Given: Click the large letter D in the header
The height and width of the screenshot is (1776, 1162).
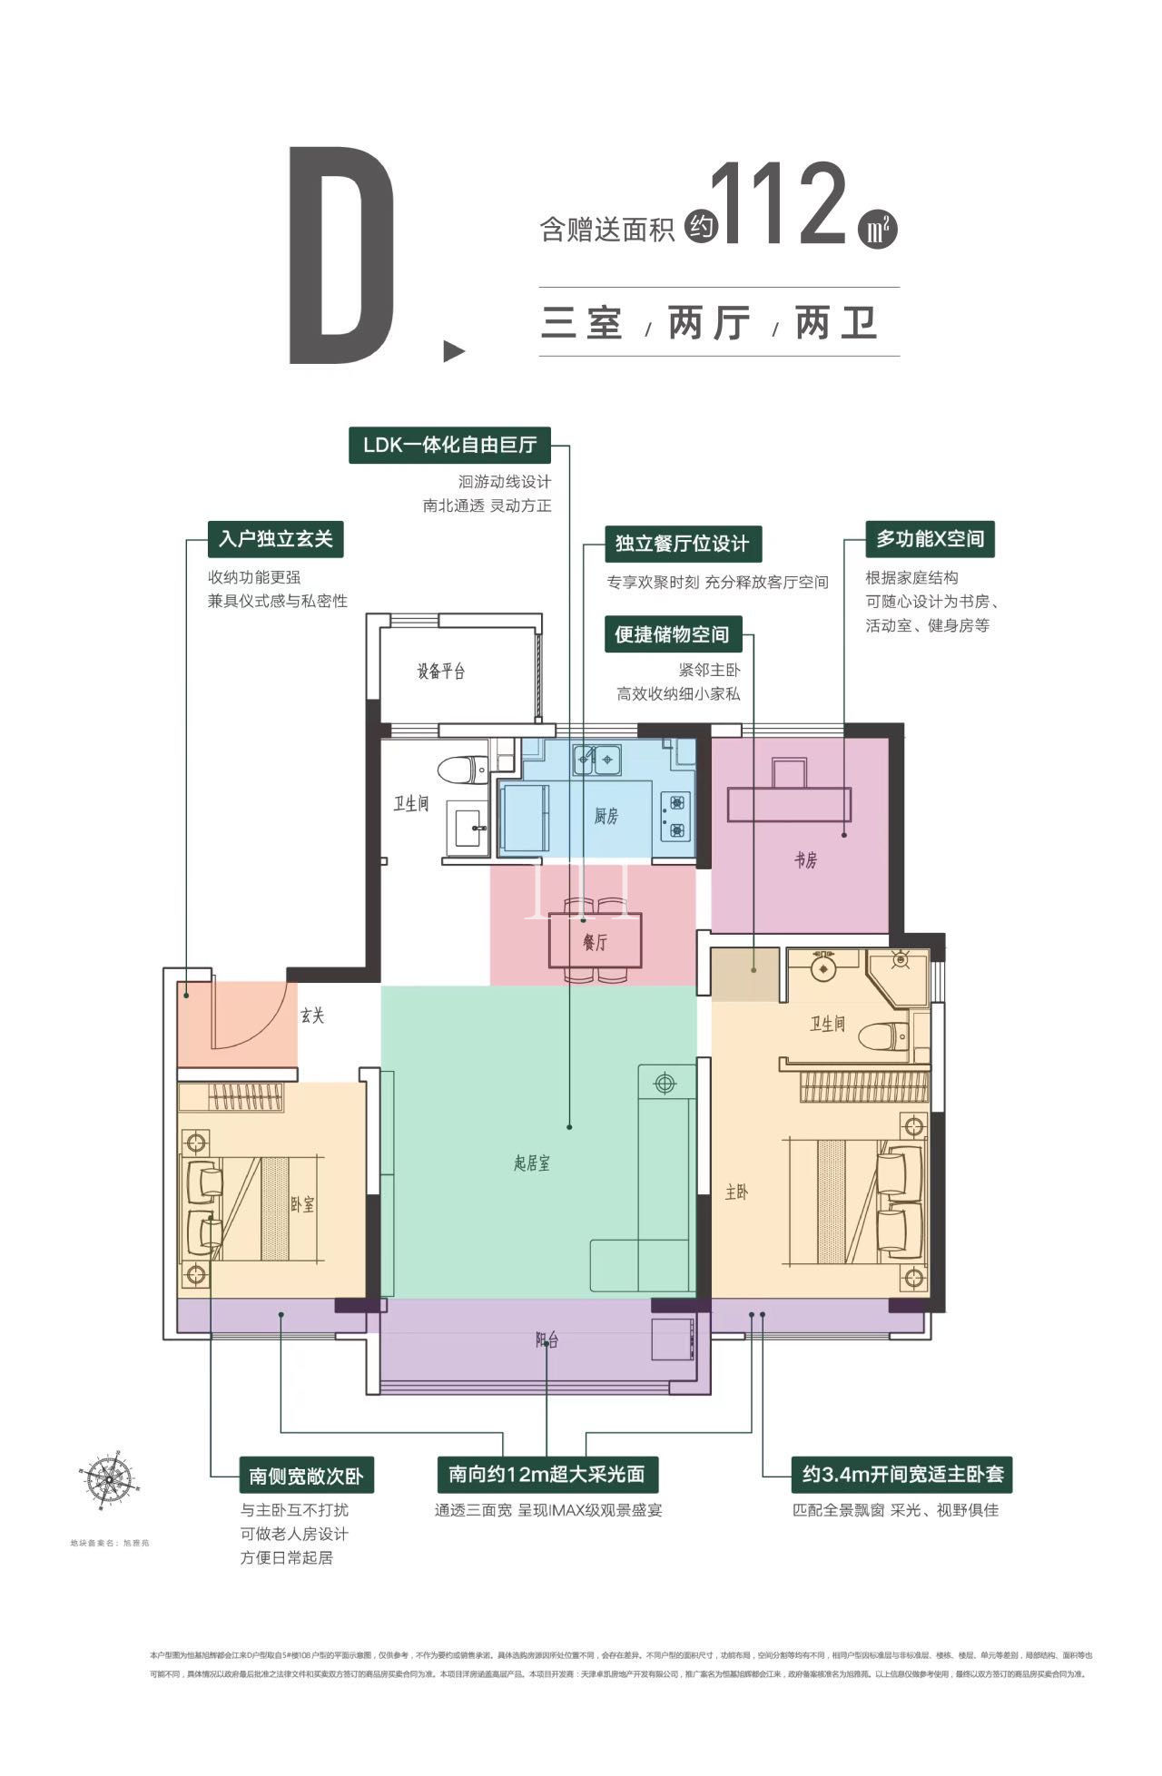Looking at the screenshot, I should [342, 257].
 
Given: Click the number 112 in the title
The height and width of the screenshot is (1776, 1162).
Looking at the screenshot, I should [779, 207].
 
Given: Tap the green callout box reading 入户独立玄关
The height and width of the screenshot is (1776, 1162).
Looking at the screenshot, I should [276, 539].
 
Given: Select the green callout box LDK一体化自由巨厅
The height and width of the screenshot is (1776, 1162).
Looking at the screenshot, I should [449, 446].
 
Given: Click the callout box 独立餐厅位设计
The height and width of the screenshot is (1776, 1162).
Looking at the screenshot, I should [683, 544].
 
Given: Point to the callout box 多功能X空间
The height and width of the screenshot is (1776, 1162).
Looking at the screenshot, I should [930, 539].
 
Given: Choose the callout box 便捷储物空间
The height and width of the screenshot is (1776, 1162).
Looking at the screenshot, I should [672, 634].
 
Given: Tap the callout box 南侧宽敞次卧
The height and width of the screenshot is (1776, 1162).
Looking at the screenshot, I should [306, 1476].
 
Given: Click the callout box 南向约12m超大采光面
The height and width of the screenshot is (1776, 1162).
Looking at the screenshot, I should [547, 1474].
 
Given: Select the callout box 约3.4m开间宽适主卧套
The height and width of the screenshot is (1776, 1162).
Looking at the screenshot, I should [902, 1474].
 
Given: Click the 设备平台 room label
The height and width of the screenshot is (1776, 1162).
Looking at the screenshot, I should [441, 672].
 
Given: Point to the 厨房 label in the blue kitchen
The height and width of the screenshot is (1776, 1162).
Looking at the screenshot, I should [606, 817].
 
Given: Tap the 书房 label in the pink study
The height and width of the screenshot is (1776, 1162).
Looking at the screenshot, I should [805, 860].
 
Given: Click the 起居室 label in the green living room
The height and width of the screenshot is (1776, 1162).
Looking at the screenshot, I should [531, 1163].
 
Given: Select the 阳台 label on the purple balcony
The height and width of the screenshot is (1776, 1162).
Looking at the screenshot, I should [547, 1340].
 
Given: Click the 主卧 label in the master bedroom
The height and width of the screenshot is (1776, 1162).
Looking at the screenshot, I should [736, 1192].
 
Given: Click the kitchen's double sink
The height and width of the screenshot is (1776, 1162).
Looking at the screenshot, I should [596, 759].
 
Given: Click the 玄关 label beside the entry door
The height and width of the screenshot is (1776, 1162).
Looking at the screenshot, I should [312, 1016].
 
